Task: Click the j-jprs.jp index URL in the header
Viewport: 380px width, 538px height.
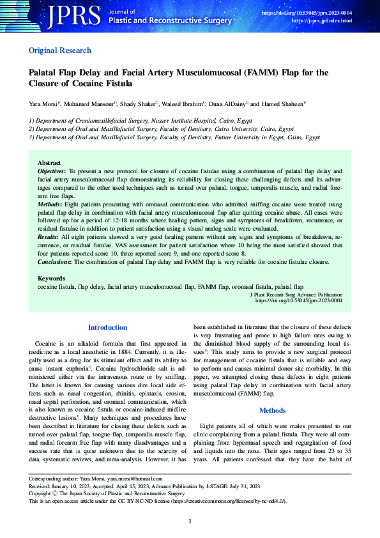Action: pyautogui.click(x=321, y=21)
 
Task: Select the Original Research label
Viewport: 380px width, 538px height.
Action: pyautogui.click(x=60, y=50)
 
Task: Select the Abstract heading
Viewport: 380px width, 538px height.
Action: pyautogui.click(x=49, y=164)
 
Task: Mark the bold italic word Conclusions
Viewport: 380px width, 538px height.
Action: pyautogui.click(x=54, y=262)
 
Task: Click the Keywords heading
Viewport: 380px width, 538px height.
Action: pyautogui.click(x=51, y=279)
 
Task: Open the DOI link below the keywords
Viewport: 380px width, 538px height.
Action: pyautogui.click(x=299, y=300)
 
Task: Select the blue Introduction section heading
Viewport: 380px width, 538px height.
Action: pyautogui.click(x=107, y=328)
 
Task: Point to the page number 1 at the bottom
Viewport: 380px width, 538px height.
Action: pyautogui.click(x=190, y=522)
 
